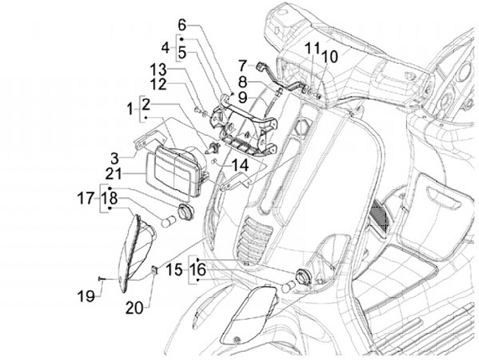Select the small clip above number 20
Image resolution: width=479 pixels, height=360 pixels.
point(153,269)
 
